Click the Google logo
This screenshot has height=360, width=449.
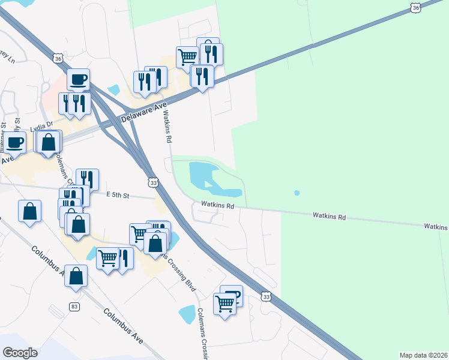20,352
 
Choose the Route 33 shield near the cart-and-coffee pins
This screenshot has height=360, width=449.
266,296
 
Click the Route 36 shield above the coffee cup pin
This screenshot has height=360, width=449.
58,59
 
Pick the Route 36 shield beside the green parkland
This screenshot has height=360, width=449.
415,7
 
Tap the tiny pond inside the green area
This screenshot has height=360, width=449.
297,193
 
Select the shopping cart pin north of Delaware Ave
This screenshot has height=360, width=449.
187,58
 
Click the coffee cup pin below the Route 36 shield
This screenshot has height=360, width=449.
78,80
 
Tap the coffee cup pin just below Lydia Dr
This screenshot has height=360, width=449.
14,143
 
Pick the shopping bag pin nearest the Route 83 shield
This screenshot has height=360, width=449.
76,277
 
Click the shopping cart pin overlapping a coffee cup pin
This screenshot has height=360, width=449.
224,304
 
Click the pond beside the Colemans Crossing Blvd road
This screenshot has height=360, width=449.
187,314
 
